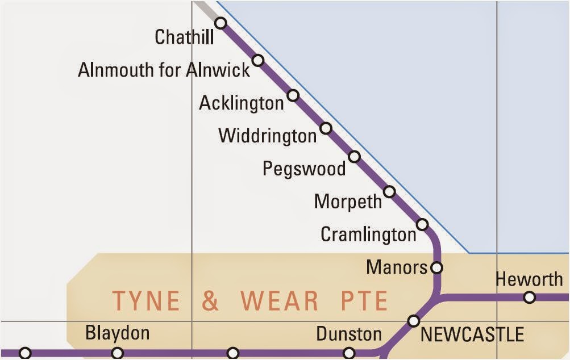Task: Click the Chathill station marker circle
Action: (220, 23)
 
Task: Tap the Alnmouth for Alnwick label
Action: (164, 70)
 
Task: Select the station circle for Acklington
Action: (293, 95)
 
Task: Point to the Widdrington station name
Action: (267, 136)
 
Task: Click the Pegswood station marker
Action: (354, 156)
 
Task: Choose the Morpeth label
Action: (348, 202)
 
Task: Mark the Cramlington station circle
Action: (422, 224)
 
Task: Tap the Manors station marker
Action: (436, 266)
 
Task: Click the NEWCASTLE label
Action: (472, 335)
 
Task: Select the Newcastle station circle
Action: (414, 321)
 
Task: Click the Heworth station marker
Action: (530, 297)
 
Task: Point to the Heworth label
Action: (529, 279)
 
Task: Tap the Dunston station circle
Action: (350, 353)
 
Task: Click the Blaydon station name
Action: (117, 333)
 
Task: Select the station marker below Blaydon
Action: (117, 353)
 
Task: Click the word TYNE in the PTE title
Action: (146, 301)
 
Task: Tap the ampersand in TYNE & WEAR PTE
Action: (210, 301)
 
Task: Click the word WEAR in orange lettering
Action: (279, 301)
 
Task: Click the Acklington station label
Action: (241, 103)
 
